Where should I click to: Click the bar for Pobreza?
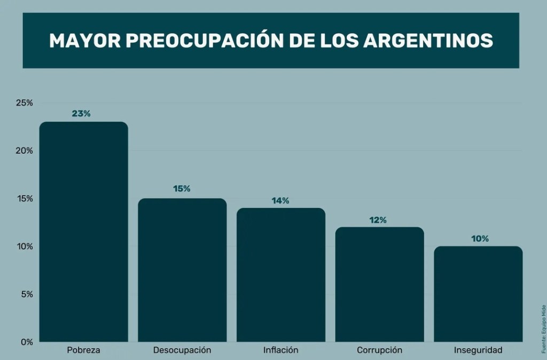pos(84,232)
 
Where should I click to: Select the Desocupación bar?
pos(182,270)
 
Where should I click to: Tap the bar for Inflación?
pos(281,275)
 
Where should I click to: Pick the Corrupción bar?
pos(379,284)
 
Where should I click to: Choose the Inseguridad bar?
pos(478,294)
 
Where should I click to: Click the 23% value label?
pos(81,114)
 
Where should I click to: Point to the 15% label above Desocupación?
pos(182,189)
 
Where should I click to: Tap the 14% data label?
pos(280,201)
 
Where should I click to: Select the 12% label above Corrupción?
pos(378,220)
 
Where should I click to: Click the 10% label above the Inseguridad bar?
pos(480,239)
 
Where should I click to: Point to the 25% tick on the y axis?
pos(25,103)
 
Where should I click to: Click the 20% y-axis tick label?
pos(25,151)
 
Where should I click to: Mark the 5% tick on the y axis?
pos(27,294)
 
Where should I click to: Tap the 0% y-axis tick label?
pos(27,342)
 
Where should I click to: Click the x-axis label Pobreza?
pos(83,350)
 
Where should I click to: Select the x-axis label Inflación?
pos(281,350)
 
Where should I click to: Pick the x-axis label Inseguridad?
pos(478,350)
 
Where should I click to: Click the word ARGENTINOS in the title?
pos(428,41)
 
